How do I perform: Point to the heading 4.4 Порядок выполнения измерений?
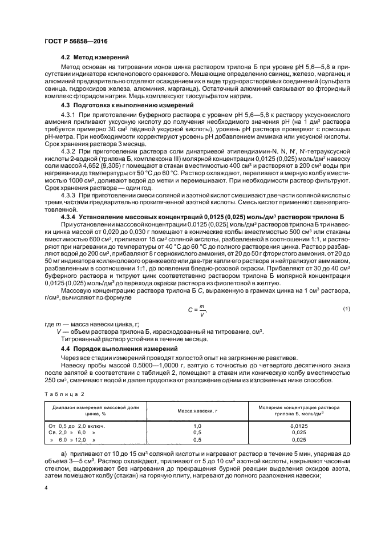115,347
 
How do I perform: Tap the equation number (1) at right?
345,309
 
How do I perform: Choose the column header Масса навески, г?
197,411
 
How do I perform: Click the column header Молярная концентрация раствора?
298,407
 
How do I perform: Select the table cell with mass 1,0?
197,426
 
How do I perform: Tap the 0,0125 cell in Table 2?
298,426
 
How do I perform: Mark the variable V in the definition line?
59,331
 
